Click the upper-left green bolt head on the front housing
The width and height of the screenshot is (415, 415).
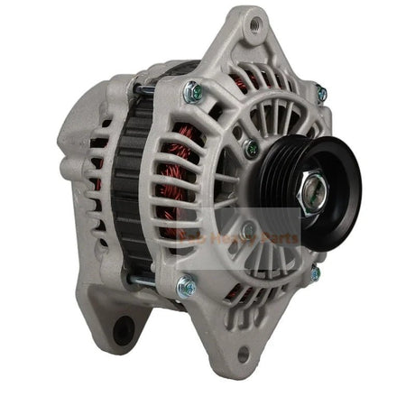tap(191, 90)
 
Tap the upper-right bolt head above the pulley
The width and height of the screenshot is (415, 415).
tap(321, 92)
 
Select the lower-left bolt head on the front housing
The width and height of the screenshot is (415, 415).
tap(187, 287)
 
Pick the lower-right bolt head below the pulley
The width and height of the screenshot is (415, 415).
tap(315, 272)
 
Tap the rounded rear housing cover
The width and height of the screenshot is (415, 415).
tap(86, 153)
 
